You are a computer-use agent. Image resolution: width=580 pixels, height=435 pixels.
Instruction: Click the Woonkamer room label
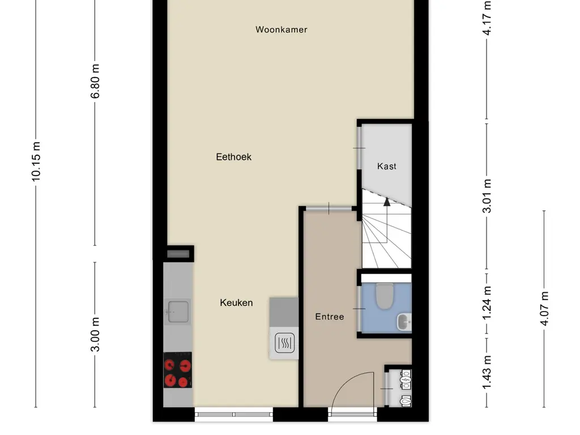click(281, 29)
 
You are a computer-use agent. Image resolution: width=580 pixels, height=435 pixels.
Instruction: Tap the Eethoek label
click(233, 157)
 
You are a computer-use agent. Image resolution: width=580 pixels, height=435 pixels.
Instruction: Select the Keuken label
click(236, 303)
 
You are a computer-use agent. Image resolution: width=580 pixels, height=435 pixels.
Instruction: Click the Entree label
click(330, 317)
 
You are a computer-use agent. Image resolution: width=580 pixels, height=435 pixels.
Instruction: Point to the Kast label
click(387, 167)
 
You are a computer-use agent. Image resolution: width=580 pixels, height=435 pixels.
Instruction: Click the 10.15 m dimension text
click(36, 161)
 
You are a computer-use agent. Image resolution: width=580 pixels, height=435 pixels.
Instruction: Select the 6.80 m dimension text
click(95, 81)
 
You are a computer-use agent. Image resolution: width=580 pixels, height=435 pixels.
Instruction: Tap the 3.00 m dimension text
click(95, 334)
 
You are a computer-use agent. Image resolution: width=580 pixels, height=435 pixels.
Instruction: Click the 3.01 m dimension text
click(487, 196)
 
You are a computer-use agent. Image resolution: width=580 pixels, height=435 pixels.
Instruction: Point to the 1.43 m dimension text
click(487, 372)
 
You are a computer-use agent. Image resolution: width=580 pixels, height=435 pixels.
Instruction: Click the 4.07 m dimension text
click(544, 309)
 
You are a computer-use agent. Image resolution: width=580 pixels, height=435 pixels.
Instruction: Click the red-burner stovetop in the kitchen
click(177, 370)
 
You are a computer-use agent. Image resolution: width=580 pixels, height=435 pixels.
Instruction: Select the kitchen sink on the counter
click(178, 310)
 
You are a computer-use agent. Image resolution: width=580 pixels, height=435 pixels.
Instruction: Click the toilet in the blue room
click(385, 296)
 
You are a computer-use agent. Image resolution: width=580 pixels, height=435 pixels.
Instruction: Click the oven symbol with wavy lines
click(283, 343)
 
